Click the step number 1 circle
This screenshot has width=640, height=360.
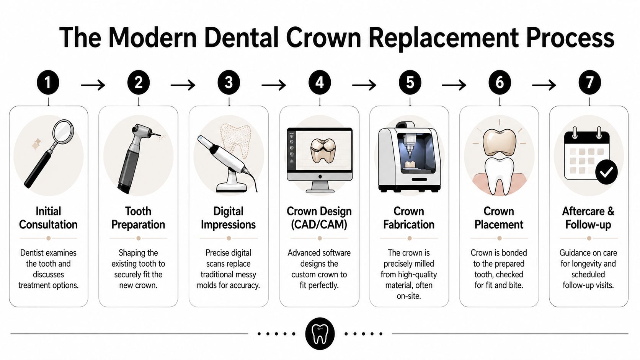(48, 83)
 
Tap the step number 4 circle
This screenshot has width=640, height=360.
(320, 83)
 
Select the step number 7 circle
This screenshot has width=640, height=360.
(589, 83)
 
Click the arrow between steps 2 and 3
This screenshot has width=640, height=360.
(183, 85)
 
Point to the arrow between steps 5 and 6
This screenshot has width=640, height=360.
(454, 85)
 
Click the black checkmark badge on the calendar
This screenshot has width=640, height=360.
(606, 173)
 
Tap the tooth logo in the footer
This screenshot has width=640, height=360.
(320, 334)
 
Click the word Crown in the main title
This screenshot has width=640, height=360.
(323, 38)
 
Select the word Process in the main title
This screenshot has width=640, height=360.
(570, 38)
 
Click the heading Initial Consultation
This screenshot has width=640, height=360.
(48, 218)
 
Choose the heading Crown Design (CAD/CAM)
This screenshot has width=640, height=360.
(319, 218)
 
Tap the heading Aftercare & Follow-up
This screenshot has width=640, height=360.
(588, 218)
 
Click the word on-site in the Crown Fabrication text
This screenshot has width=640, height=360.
(409, 296)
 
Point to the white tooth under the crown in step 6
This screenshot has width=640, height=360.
(499, 174)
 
